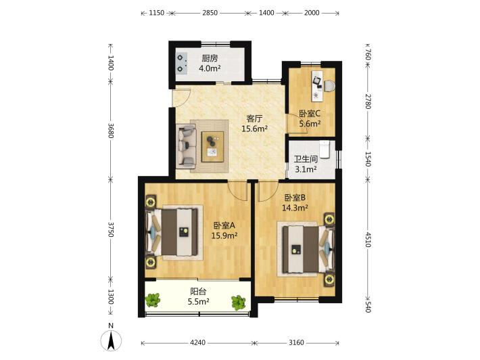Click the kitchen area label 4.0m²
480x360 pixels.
[x=210, y=68]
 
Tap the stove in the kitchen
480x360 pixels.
[x=182, y=64]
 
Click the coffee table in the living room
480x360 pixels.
[x=212, y=146]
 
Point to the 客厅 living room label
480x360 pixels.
[x=255, y=118]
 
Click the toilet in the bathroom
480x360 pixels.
[x=324, y=149]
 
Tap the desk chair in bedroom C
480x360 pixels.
[x=329, y=86]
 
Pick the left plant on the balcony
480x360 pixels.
[x=153, y=300]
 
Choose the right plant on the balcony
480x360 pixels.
[x=239, y=302]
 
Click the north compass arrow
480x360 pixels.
[x=111, y=340]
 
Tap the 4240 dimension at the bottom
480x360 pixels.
[x=197, y=342]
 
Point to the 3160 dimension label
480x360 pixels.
[x=296, y=342]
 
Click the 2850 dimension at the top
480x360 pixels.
[x=210, y=13]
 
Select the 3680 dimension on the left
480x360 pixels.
[x=110, y=131]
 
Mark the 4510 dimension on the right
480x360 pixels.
[x=368, y=240]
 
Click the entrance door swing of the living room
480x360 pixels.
[x=182, y=97]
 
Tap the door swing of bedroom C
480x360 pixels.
[x=297, y=123]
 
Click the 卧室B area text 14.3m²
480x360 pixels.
[x=295, y=208]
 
